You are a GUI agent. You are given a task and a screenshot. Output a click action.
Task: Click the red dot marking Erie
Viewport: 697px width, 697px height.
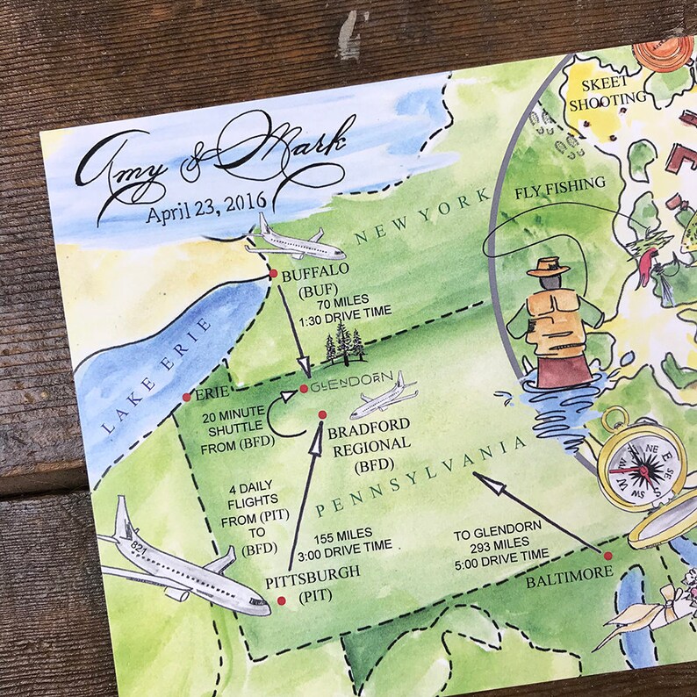pyautogui.click(x=186, y=398)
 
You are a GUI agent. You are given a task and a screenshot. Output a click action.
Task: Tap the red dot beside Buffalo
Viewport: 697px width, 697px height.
pyautogui.click(x=270, y=275)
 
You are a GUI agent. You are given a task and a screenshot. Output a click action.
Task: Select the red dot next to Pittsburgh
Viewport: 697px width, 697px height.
pyautogui.click(x=281, y=600)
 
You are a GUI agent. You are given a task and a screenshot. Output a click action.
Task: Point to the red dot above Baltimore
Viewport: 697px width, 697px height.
pyautogui.click(x=607, y=556)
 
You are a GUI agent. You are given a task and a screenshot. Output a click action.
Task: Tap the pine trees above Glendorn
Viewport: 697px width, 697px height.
pyautogui.click(x=345, y=344)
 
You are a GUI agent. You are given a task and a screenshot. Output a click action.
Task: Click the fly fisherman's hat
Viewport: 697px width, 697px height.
pyautogui.click(x=548, y=266)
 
